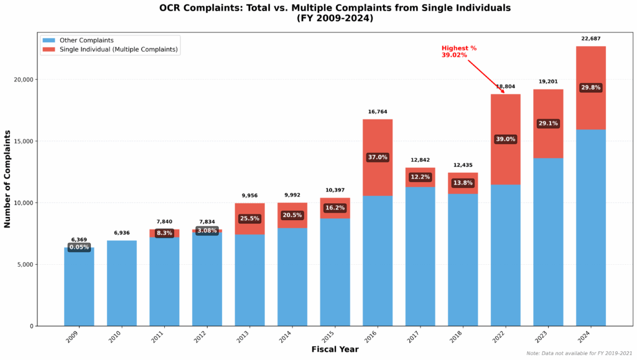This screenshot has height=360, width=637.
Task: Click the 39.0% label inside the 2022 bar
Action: [505, 139]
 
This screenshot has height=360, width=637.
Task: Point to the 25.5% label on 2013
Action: [249, 219]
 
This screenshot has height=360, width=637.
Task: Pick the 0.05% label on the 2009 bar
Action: [79, 247]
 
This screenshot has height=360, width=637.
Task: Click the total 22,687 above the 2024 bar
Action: [591, 38]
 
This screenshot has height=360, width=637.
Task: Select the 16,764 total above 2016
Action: [378, 112]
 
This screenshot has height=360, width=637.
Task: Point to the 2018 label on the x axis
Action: [460, 338]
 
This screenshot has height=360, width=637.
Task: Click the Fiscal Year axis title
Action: [335, 350]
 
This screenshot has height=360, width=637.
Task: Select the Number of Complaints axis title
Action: [8, 179]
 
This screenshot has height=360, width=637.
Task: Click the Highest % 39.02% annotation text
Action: [459, 52]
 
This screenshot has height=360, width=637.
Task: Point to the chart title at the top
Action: [335, 14]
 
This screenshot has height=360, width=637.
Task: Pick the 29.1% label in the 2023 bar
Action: [548, 124]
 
